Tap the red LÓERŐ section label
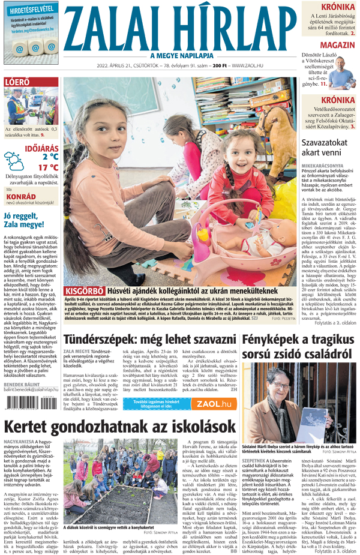[19, 82]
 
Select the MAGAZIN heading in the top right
[336, 46]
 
